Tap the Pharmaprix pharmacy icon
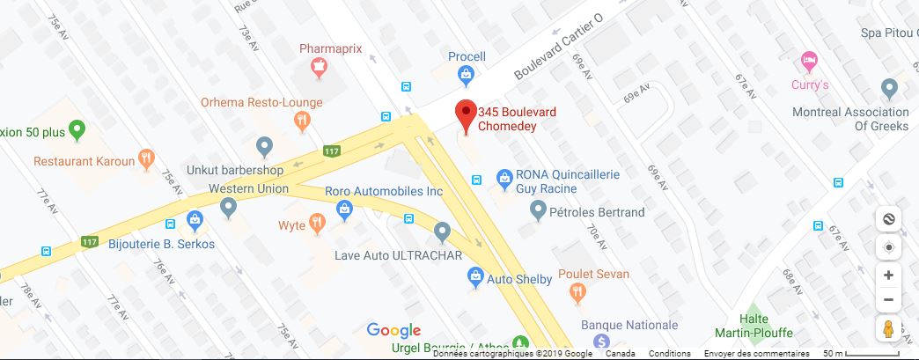point(319,65)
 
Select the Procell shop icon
point(466,77)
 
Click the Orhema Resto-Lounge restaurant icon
point(303,121)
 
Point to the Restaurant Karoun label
point(85,161)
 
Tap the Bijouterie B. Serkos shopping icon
point(194,220)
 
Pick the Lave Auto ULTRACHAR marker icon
point(442,232)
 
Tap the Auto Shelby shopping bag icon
point(475,278)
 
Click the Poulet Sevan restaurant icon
point(577,293)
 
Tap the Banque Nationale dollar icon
point(602,341)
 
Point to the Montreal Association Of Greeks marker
point(888,89)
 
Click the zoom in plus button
point(888,275)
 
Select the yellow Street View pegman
point(888,329)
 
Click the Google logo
point(393,330)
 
